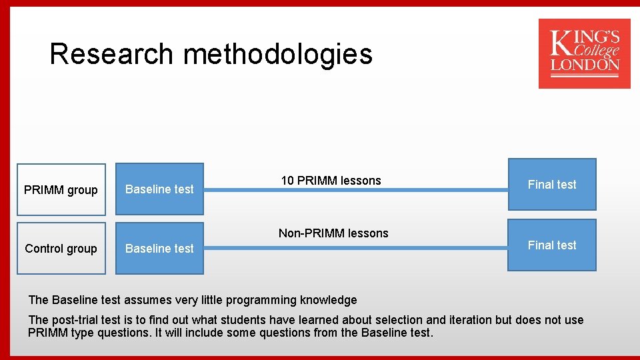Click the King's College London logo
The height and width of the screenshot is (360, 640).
[x=584, y=53]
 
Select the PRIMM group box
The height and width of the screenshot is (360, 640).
[x=61, y=190]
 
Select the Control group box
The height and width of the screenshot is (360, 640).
[x=61, y=249]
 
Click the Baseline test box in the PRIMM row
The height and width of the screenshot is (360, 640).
[x=159, y=189]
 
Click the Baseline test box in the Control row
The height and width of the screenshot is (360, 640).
[x=159, y=249]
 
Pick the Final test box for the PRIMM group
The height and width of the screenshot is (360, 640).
[x=552, y=185]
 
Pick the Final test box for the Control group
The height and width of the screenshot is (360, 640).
[x=552, y=245]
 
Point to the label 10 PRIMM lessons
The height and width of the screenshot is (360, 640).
[x=331, y=181]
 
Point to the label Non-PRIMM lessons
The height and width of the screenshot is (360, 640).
[x=333, y=233]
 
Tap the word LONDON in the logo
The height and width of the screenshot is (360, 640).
[x=585, y=65]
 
